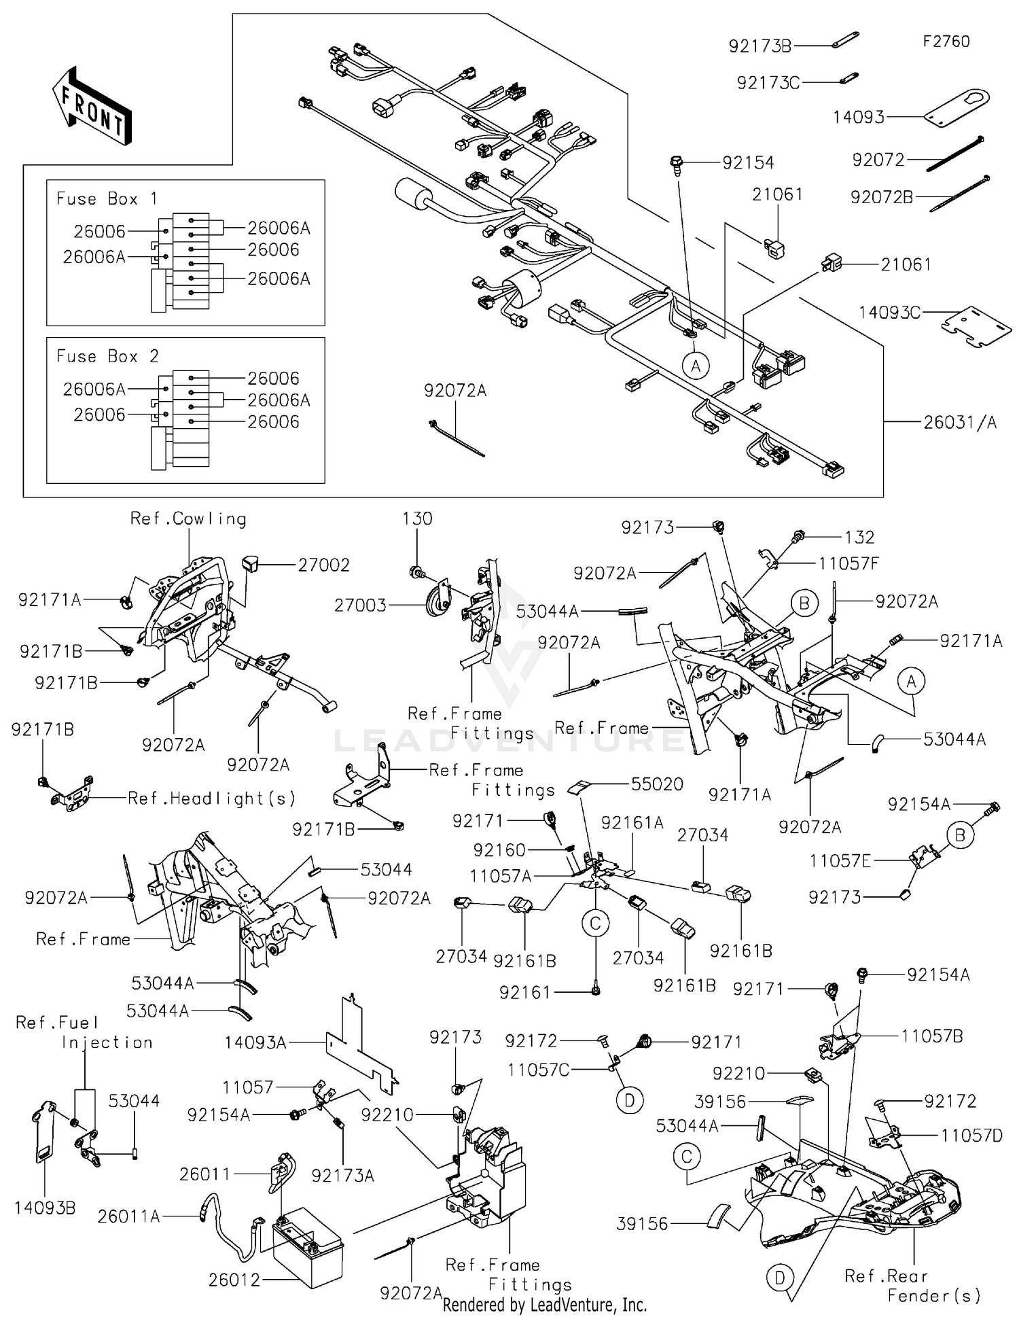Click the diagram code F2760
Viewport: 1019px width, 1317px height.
[946, 41]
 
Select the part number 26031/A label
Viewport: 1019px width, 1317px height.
[960, 423]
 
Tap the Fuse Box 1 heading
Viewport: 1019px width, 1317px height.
[107, 199]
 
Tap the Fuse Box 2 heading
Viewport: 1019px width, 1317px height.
[107, 357]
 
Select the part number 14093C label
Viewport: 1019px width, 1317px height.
[889, 313]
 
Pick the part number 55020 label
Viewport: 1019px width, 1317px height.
[656, 784]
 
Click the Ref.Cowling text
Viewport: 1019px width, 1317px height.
[188, 519]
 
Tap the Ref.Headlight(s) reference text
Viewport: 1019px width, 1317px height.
[212, 798]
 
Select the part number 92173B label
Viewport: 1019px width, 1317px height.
[759, 46]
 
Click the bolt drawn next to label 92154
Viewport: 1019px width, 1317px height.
[676, 164]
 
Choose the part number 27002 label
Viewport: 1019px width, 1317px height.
[323, 565]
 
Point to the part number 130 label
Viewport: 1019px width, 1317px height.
[417, 519]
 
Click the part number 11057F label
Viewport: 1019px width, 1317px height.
[848, 563]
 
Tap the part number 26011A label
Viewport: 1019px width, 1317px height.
[128, 1217]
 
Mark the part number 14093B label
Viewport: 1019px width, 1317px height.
[45, 1208]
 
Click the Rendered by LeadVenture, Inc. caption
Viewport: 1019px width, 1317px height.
[544, 1305]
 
